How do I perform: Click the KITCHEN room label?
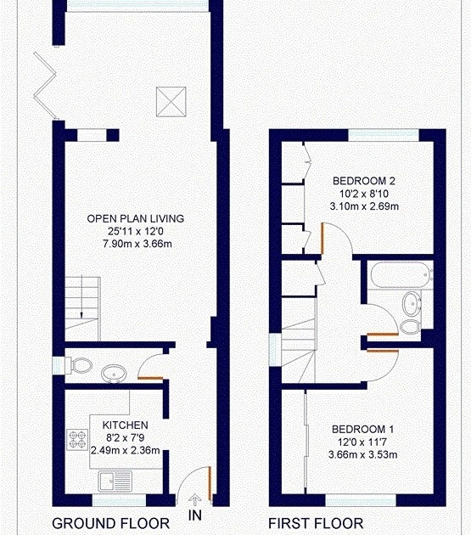[x=125, y=425]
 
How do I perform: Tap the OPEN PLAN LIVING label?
[x=136, y=219]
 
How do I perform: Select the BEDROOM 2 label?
[x=364, y=181]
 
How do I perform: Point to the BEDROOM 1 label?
[x=363, y=429]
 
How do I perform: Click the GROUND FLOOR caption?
[x=111, y=523]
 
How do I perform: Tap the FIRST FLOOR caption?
[x=316, y=523]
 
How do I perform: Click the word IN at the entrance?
[x=194, y=515]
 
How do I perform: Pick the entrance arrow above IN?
[x=194, y=500]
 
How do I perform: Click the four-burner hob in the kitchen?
[x=77, y=440]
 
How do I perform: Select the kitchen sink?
[x=115, y=481]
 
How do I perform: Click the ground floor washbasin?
[x=114, y=374]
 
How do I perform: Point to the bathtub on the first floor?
[x=401, y=274]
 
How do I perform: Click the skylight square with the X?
[x=171, y=102]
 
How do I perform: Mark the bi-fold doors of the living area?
[x=45, y=86]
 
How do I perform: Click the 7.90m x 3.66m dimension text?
[x=137, y=244]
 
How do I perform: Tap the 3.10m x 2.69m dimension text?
[x=364, y=206]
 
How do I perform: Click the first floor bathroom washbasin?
[x=412, y=304]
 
